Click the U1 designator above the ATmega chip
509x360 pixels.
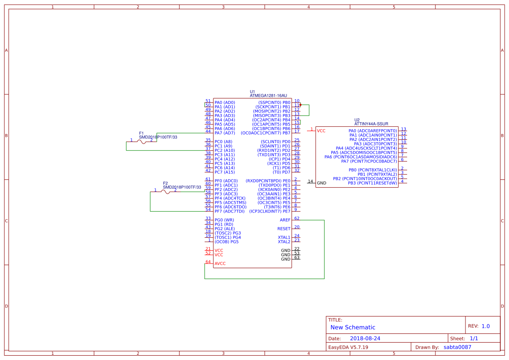(252, 91)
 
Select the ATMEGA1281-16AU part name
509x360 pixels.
(268, 95)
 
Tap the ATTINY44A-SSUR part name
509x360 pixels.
(371, 124)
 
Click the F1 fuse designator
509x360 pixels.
(141, 133)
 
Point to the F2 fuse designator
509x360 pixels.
(165, 183)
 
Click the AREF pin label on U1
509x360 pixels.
(285, 220)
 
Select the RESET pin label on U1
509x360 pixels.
(284, 229)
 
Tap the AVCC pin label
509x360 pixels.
(220, 264)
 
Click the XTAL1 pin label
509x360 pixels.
(284, 238)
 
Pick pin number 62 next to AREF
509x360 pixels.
(297, 218)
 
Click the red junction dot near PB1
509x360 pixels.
(300, 105)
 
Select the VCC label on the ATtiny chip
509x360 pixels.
(321, 131)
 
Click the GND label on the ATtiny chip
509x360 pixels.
(321, 183)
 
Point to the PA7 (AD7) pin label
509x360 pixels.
(225, 133)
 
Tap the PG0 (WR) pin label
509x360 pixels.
(224, 220)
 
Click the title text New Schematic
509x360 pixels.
(353, 327)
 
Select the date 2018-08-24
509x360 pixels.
(365, 338)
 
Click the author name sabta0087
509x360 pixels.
(457, 347)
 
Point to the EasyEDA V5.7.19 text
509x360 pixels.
(348, 347)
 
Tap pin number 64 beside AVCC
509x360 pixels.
(208, 262)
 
